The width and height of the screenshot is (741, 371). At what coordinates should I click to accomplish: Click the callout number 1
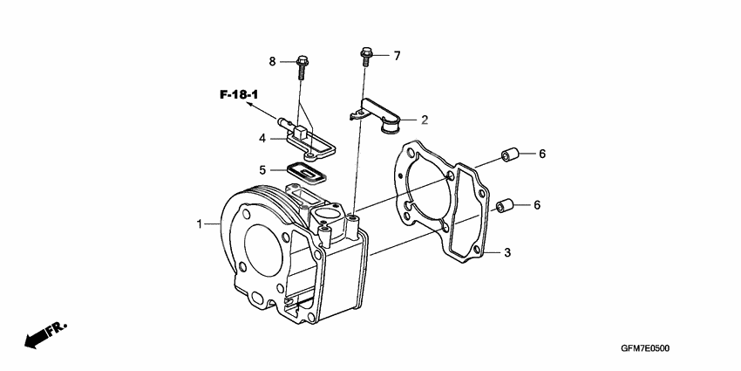pyautogui.click(x=200, y=224)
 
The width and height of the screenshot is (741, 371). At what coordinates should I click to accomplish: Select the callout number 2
pyautogui.click(x=425, y=120)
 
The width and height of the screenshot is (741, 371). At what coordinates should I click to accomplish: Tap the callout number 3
pyautogui.click(x=506, y=253)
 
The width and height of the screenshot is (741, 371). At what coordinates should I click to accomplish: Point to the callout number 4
pyautogui.click(x=262, y=138)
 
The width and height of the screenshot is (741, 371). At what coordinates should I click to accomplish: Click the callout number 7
pyautogui.click(x=397, y=56)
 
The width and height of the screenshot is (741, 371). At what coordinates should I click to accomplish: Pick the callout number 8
pyautogui.click(x=272, y=61)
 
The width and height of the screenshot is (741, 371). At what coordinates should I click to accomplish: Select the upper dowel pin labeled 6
pyautogui.click(x=509, y=155)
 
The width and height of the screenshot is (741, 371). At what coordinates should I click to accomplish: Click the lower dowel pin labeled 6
pyautogui.click(x=503, y=207)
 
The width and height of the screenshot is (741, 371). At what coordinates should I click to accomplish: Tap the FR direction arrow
pyautogui.click(x=44, y=335)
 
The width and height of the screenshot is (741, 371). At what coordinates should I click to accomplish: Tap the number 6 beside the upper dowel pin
pyautogui.click(x=541, y=154)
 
